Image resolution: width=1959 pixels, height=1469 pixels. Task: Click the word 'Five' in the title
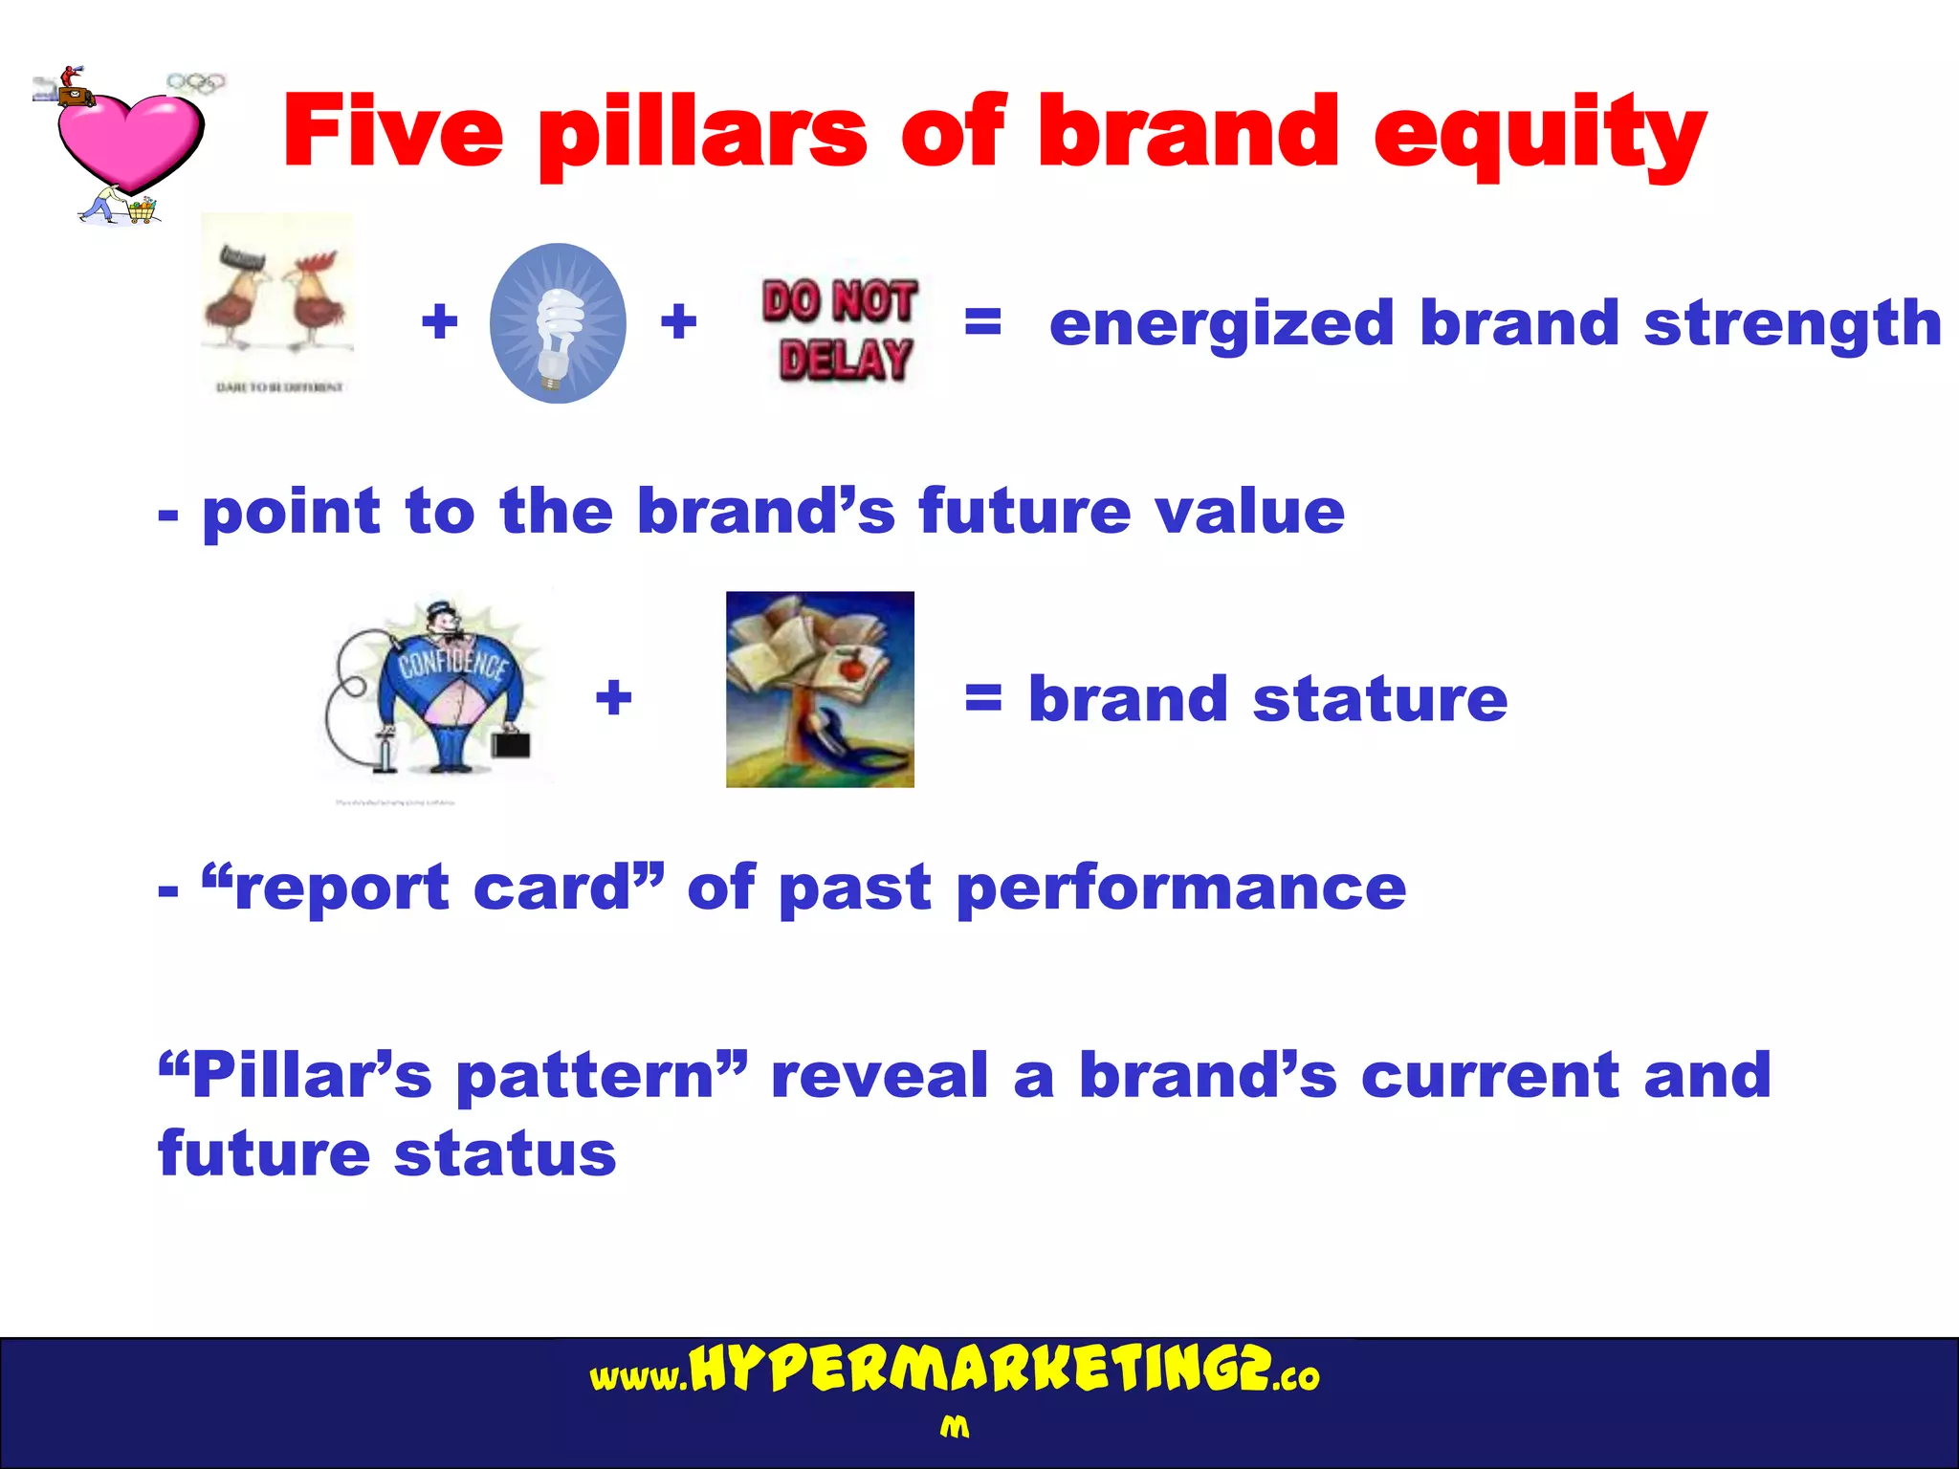click(393, 131)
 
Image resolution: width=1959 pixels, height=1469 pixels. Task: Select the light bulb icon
click(558, 323)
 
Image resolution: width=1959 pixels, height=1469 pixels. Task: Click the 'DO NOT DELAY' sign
click(840, 330)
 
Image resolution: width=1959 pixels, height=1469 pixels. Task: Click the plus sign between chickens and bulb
click(440, 321)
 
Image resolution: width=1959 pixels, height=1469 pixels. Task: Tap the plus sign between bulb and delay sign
click(678, 321)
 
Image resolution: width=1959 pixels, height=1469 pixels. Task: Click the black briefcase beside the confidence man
click(511, 743)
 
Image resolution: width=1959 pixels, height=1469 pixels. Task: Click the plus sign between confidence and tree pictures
click(614, 697)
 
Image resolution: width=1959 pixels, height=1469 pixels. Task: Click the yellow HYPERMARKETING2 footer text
click(980, 1370)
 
